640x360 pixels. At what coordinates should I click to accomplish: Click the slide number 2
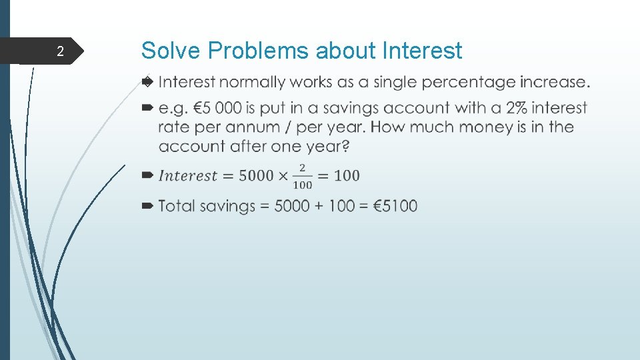tap(60, 51)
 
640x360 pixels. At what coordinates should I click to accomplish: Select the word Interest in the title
tap(423, 51)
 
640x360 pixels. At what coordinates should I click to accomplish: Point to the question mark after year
tap(345, 146)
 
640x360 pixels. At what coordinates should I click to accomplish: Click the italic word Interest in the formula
tap(188, 176)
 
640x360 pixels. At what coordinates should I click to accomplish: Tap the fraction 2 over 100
tap(302, 176)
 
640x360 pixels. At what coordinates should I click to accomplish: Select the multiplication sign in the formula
tap(283, 176)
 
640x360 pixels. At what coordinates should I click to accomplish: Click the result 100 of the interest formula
tap(346, 176)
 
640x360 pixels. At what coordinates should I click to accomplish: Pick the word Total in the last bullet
tap(177, 206)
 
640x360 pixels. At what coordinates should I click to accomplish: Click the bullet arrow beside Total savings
tap(147, 206)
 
